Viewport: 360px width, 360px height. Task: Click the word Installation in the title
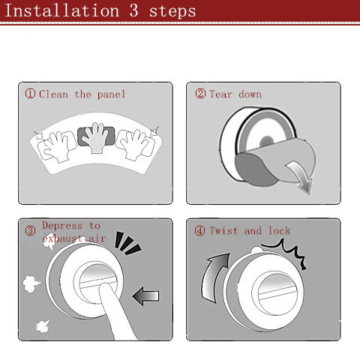point(62,10)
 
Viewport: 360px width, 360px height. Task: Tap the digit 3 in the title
point(133,10)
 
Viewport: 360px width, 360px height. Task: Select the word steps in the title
point(172,12)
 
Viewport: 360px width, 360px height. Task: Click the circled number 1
point(30,94)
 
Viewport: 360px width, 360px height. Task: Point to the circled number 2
point(200,94)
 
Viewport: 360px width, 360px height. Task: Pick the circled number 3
point(30,230)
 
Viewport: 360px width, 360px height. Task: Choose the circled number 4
point(199,230)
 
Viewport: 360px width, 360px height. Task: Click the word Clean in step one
point(53,94)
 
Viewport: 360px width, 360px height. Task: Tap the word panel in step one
point(111,95)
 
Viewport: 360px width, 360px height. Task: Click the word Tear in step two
point(221,94)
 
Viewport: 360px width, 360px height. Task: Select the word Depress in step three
point(62,226)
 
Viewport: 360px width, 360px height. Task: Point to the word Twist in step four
point(223,230)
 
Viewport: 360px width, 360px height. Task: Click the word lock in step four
point(280,230)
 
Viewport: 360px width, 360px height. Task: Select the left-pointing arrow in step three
point(145,296)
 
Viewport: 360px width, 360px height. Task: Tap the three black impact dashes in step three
point(127,243)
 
